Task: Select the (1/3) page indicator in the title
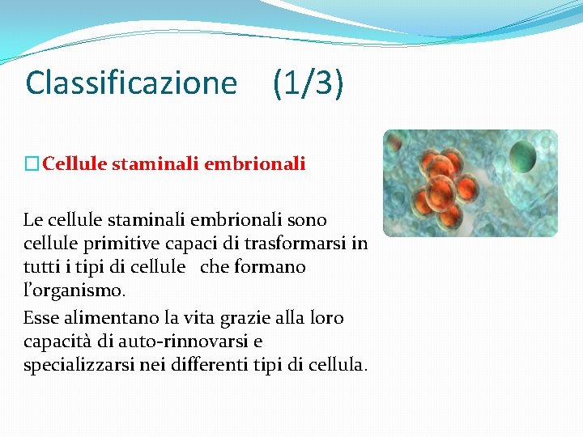tap(308, 83)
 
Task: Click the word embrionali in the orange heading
tap(255, 164)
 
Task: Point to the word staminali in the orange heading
tap(155, 164)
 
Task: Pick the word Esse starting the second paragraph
tap(41, 318)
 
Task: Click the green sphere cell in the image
tap(523, 152)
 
